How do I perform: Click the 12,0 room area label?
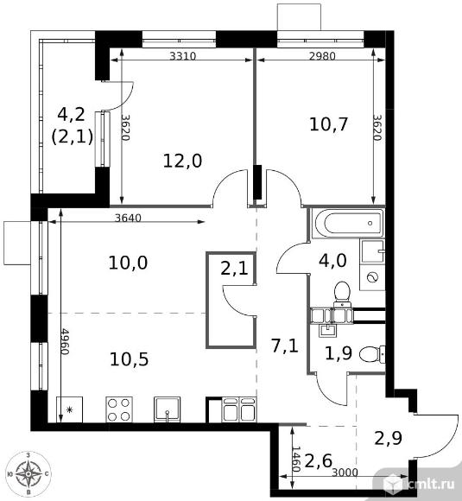pyautogui.click(x=182, y=161)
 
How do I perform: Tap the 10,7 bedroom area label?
pyautogui.click(x=328, y=124)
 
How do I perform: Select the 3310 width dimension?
pyautogui.click(x=182, y=56)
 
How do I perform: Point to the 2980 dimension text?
pyautogui.click(x=322, y=56)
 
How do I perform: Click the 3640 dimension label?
pyautogui.click(x=128, y=218)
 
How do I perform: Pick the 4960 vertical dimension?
pyautogui.click(x=64, y=341)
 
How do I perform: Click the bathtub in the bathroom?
pyautogui.click(x=349, y=224)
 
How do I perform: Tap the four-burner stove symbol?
pyautogui.click(x=119, y=409)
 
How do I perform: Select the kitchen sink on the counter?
pyautogui.click(x=168, y=409)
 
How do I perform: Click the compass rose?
pyautogui.click(x=28, y=473)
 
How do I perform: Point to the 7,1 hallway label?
pyautogui.click(x=285, y=346)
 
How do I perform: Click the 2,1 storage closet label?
pyautogui.click(x=234, y=269)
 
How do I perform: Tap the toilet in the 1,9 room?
pyautogui.click(x=371, y=355)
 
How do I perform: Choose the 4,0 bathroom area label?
pyautogui.click(x=332, y=260)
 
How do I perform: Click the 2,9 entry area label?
pyautogui.click(x=388, y=439)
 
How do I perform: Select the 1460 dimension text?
pyautogui.click(x=296, y=460)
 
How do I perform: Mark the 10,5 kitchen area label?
pyautogui.click(x=129, y=358)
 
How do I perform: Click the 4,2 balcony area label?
pyautogui.click(x=71, y=114)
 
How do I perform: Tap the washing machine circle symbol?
pyautogui.click(x=372, y=277)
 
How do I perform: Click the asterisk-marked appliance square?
pyautogui.click(x=69, y=409)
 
